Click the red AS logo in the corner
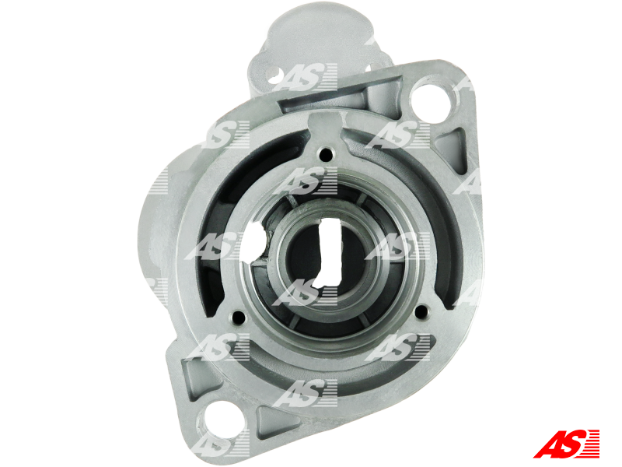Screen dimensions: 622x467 pyautogui.click(x=566, y=444)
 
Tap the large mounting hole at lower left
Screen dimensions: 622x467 pyautogui.click(x=219, y=421)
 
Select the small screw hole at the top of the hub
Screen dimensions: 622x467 pyautogui.click(x=326, y=154)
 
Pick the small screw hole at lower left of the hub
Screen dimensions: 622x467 pyautogui.click(x=238, y=317)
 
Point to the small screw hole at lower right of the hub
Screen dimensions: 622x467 pyautogui.click(x=421, y=312)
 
